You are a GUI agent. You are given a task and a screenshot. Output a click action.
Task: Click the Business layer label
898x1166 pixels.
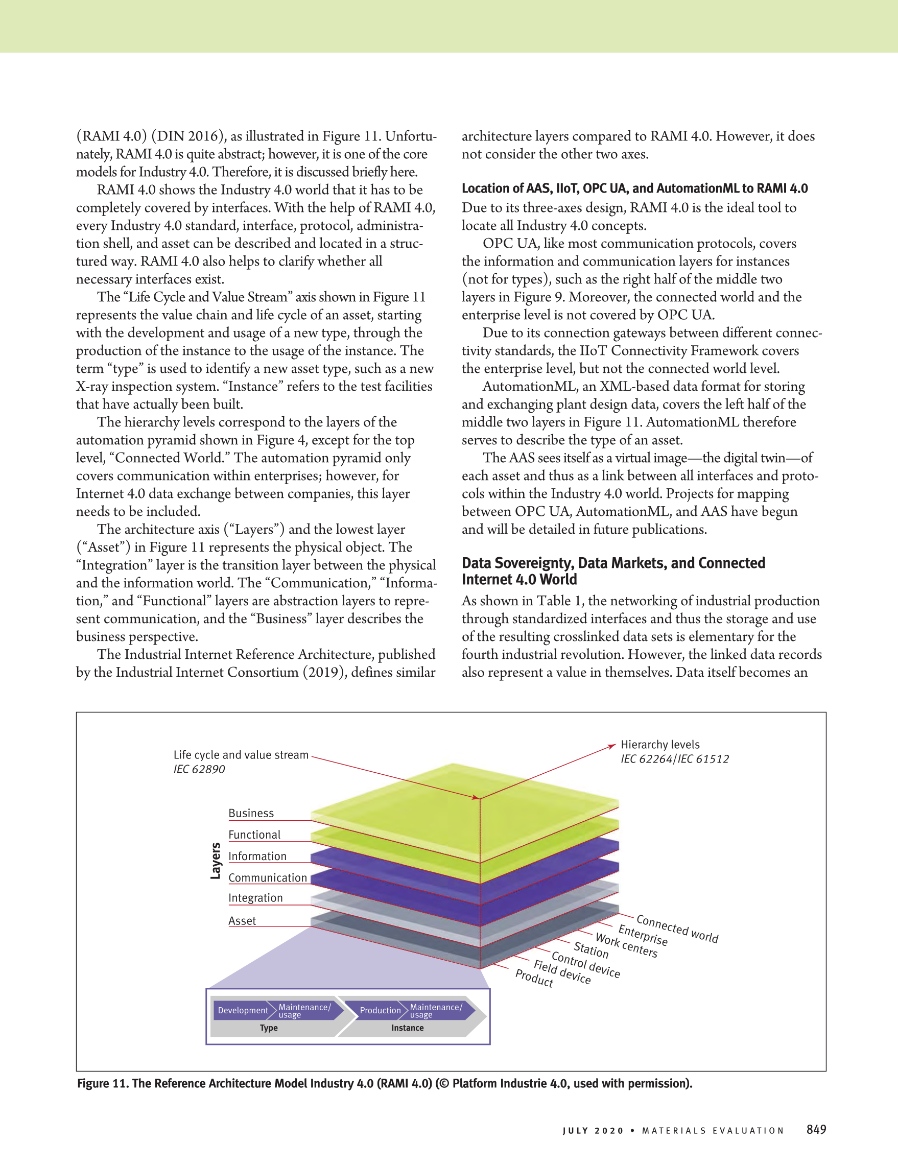pyautogui.click(x=251, y=813)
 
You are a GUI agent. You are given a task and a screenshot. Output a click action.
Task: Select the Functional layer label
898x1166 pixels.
pyautogui.click(x=254, y=835)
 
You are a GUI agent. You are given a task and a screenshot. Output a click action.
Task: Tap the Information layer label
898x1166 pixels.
pyautogui.click(x=257, y=856)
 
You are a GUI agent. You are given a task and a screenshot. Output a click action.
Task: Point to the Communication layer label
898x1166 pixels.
pyautogui.click(x=268, y=878)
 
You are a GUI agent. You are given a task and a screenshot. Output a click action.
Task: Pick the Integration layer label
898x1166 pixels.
pyautogui.click(x=255, y=898)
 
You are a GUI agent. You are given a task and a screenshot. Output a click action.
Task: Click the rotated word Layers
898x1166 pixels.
pyautogui.click(x=216, y=861)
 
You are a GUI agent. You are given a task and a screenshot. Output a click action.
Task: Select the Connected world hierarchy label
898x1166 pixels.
pyautogui.click(x=677, y=929)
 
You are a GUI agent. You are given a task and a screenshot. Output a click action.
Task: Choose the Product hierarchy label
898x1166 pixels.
pyautogui.click(x=534, y=978)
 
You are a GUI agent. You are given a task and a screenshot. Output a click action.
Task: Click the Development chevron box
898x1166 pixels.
pyautogui.click(x=243, y=1011)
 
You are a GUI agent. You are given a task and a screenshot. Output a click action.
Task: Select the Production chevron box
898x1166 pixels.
pyautogui.click(x=380, y=1011)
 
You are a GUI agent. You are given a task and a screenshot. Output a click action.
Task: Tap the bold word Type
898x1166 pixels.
pyautogui.click(x=269, y=1028)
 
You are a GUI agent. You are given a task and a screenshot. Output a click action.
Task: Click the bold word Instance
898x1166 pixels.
pyautogui.click(x=407, y=1028)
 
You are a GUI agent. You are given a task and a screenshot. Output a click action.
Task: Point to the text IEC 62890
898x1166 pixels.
pyautogui.click(x=199, y=769)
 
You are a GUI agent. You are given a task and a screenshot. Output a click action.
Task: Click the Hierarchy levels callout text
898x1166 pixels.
pyautogui.click(x=660, y=745)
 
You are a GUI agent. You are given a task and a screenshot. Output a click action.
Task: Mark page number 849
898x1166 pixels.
pyautogui.click(x=816, y=1129)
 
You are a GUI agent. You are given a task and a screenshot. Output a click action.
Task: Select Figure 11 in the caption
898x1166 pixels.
pyautogui.click(x=102, y=1083)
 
